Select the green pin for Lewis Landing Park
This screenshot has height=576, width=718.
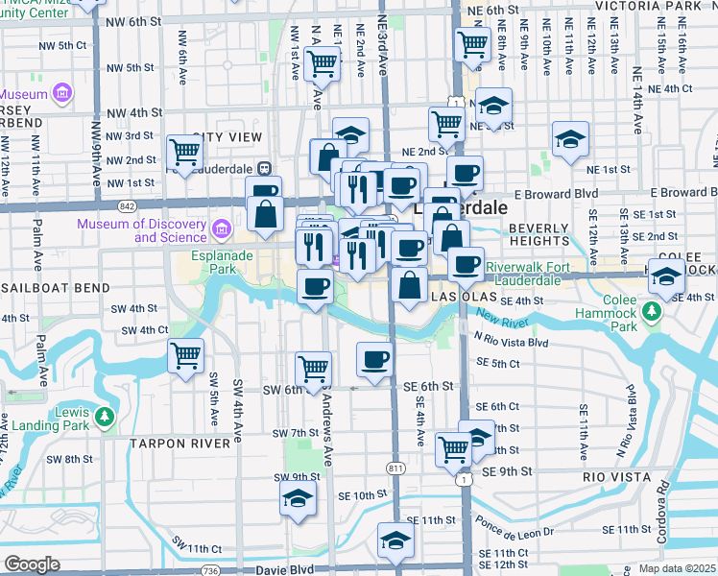106,418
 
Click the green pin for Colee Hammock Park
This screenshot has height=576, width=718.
652,312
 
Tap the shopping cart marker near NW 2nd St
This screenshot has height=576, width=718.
183,151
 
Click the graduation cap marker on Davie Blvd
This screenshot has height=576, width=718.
395,539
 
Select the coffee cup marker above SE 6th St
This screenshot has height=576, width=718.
373,359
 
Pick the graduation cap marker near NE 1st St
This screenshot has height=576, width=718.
570,139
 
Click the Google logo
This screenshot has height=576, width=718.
32,564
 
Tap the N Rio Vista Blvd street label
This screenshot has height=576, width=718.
510,342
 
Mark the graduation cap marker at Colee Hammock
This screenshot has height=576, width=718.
665,276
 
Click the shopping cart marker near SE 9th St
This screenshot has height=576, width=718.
453,448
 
